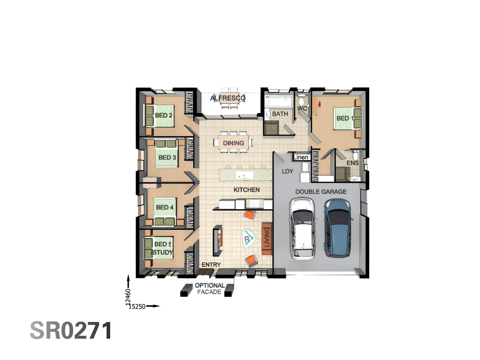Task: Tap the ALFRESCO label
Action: (228, 98)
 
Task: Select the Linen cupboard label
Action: (301, 157)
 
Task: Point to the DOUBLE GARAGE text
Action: (321, 192)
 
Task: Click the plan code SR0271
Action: (71, 330)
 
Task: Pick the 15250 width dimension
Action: (137, 306)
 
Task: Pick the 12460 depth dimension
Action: (128, 297)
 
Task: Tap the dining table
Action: (233, 143)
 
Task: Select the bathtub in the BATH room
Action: (279, 102)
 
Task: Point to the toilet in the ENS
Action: (356, 155)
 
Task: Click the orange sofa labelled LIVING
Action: (267, 239)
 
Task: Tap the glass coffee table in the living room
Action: (249, 238)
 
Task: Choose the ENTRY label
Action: (211, 265)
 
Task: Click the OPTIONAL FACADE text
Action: (209, 289)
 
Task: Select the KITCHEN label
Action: (247, 190)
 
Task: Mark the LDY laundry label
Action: (287, 171)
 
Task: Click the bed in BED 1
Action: (347, 118)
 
